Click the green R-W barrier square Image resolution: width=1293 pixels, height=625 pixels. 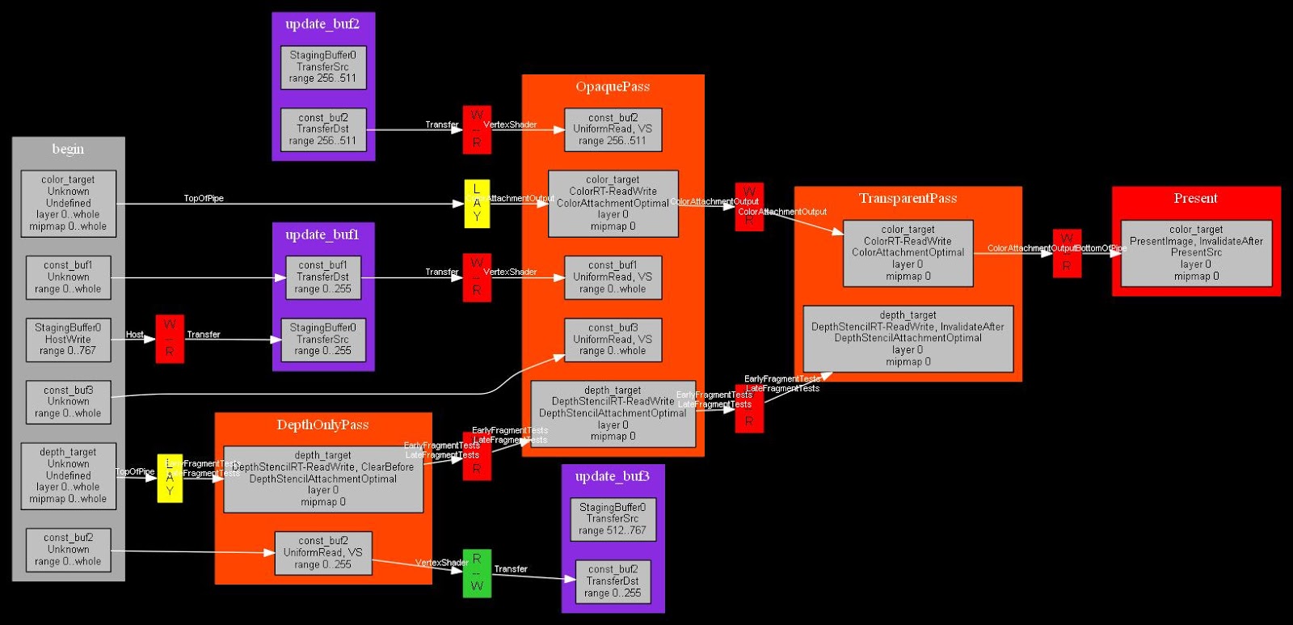(x=477, y=573)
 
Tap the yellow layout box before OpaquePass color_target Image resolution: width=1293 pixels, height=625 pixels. (x=477, y=204)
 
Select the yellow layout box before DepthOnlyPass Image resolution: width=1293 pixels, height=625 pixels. (x=170, y=478)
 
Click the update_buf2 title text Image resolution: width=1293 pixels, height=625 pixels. (x=322, y=24)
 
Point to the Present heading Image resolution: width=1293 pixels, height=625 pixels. (x=1195, y=198)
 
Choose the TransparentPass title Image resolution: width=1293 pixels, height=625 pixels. (x=908, y=198)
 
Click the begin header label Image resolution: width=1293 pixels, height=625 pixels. (x=68, y=149)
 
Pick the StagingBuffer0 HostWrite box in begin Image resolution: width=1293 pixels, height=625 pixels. (x=68, y=340)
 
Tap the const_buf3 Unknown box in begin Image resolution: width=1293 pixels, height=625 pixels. (x=68, y=402)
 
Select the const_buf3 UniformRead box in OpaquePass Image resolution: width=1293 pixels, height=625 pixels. (x=613, y=340)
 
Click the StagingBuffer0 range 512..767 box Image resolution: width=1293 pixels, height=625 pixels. (x=613, y=519)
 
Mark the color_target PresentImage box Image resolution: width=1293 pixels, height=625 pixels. (x=1196, y=253)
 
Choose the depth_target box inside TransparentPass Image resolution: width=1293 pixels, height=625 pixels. (x=908, y=338)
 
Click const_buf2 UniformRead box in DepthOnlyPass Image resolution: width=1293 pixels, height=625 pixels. (x=322, y=553)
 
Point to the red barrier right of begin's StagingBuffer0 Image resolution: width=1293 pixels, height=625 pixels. (x=170, y=339)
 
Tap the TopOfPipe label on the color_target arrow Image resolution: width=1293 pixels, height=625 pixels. (x=204, y=198)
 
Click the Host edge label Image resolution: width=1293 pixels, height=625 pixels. (x=135, y=335)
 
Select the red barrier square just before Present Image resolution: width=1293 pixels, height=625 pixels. (x=1067, y=253)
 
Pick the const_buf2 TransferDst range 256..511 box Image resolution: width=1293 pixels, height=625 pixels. (x=322, y=129)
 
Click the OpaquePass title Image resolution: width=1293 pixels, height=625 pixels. (x=613, y=87)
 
